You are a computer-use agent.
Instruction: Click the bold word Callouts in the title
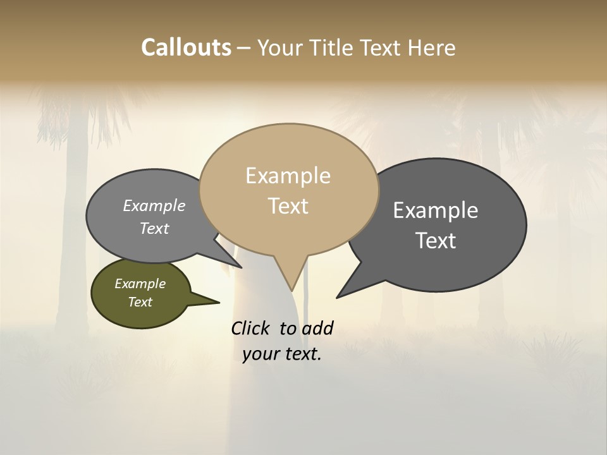(186, 47)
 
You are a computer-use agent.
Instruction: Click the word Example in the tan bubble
(288, 176)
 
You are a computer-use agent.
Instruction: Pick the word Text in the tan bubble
(288, 206)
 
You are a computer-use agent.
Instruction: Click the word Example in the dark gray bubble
(436, 210)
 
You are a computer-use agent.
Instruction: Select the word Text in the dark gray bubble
(436, 241)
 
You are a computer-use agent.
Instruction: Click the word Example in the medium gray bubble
(154, 206)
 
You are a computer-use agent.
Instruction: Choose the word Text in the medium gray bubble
(154, 229)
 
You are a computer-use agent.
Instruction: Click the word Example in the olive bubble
(140, 284)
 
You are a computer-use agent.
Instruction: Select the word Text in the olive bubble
(140, 302)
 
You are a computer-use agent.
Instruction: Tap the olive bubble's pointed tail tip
(219, 302)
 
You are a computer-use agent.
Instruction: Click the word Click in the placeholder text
(252, 328)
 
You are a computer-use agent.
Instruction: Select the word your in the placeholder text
(261, 355)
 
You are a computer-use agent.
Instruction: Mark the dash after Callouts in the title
(244, 48)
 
